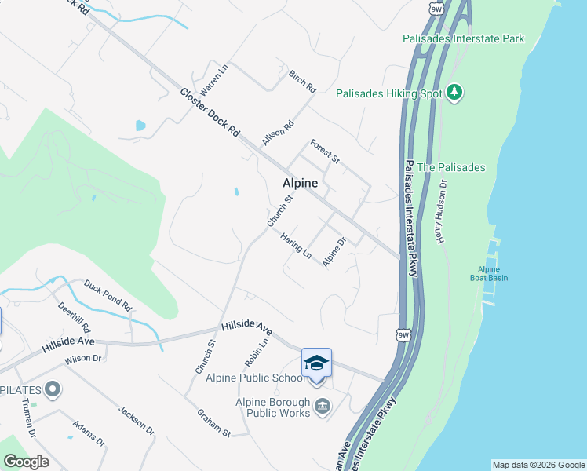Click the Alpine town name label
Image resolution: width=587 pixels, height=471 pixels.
[x=300, y=183]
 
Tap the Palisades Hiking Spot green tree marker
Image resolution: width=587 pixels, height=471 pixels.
[x=454, y=93]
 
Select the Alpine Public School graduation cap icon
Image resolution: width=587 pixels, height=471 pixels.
[x=316, y=363]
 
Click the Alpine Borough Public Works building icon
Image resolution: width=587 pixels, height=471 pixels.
[x=323, y=406]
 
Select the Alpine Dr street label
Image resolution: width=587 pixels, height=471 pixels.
[x=334, y=252]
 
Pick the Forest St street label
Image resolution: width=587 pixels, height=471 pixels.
[x=324, y=152]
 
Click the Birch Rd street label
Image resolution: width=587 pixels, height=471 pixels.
[x=301, y=77]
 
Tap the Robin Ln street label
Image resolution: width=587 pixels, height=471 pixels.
[x=257, y=353]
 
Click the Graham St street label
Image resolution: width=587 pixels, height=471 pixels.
[x=213, y=422]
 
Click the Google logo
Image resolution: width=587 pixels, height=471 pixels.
[x=26, y=462]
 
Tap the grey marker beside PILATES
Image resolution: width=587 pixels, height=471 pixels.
[x=53, y=389]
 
